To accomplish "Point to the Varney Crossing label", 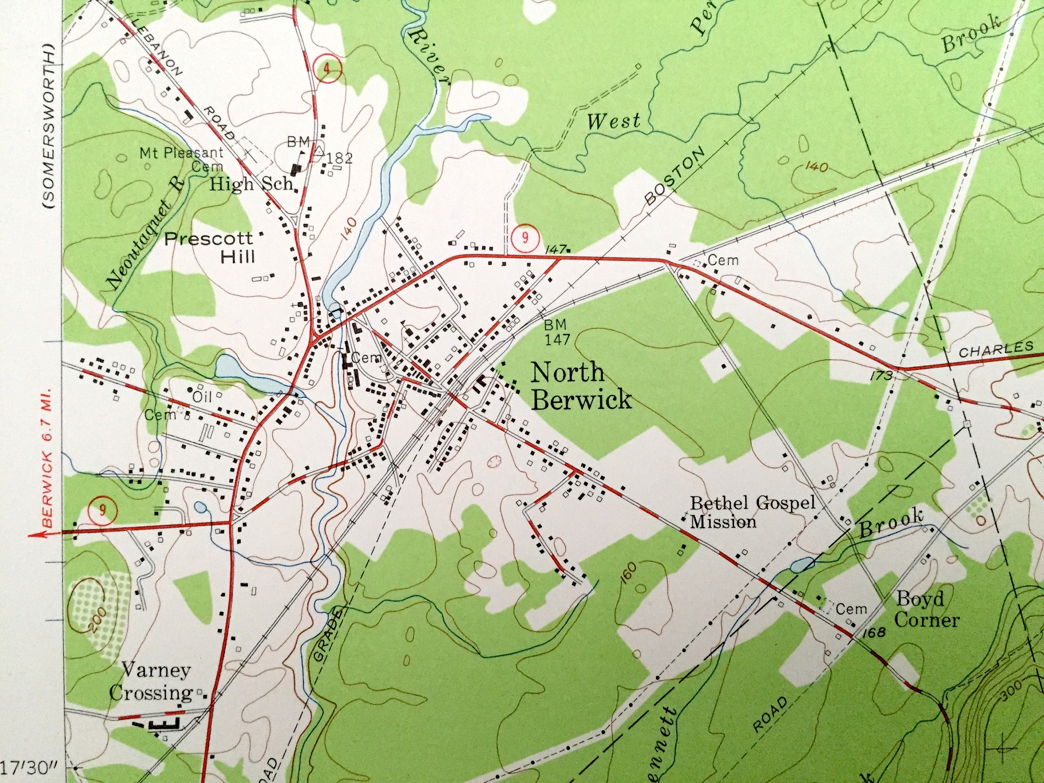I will coord(157,681).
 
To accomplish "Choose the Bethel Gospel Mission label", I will coord(753,512).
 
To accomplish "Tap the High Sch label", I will coord(252,184).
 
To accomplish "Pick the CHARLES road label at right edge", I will coord(996,350).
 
